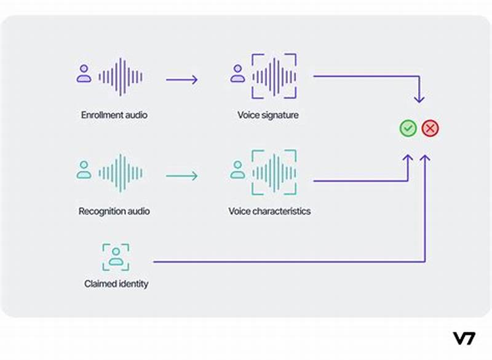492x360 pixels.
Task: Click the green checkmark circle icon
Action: [x=408, y=129]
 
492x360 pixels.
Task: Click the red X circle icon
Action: [x=430, y=129]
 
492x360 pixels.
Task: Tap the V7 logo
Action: [x=464, y=338]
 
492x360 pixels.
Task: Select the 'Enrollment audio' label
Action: [x=114, y=115]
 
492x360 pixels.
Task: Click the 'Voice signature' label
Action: [x=268, y=115]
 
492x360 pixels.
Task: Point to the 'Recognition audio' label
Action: [x=114, y=211]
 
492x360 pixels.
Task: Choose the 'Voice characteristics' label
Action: [x=269, y=211]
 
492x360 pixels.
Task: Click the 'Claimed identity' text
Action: [x=116, y=284]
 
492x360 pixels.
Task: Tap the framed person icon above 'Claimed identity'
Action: [x=116, y=256]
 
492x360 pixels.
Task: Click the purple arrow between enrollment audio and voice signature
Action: [x=181, y=79]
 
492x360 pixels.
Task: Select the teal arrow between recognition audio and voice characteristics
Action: [x=181, y=176]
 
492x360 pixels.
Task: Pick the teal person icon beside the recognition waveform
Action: [x=84, y=170]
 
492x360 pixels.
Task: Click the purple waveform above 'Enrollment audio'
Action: [x=121, y=77]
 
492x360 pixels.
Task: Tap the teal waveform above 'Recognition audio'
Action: [x=121, y=173]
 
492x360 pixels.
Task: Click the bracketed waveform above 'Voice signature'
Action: [x=274, y=76]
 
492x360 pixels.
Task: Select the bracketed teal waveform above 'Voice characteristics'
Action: [x=274, y=172]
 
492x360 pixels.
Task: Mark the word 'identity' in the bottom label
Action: [x=133, y=284]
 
